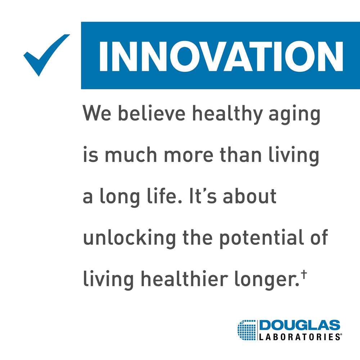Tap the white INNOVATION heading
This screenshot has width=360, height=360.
click(220, 56)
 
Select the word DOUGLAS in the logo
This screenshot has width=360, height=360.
click(300, 326)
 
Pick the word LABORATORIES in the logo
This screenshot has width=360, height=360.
click(300, 337)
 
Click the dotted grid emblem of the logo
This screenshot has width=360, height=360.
click(247, 330)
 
